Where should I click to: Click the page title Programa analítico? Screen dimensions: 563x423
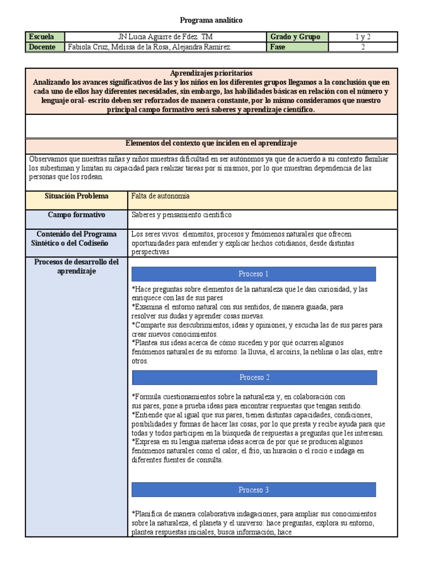pyautogui.click(x=212, y=20)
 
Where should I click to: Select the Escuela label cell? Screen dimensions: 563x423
pyautogui.click(x=45, y=37)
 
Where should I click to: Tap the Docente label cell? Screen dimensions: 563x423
pyautogui.click(x=45, y=47)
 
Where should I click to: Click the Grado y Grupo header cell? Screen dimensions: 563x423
pyautogui.click(x=295, y=37)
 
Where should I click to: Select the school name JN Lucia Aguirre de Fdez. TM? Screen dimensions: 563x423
pyautogui.click(x=165, y=37)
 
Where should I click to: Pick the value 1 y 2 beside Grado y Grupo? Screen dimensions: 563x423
pyautogui.click(x=362, y=37)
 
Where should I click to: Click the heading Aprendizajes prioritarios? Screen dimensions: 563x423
pyautogui.click(x=211, y=73)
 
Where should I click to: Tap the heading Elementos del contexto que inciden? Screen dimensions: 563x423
pyautogui.click(x=211, y=143)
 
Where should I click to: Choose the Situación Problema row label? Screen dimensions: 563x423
pyautogui.click(x=77, y=196)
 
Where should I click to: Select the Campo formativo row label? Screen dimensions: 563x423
pyautogui.click(x=77, y=215)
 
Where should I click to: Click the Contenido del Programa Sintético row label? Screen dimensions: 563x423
pyautogui.click(x=77, y=239)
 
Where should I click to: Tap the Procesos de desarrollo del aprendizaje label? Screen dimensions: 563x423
pyautogui.click(x=77, y=267)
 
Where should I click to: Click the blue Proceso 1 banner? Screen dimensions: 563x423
pyautogui.click(x=253, y=274)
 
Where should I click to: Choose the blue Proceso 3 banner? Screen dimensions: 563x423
pyautogui.click(x=253, y=490)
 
